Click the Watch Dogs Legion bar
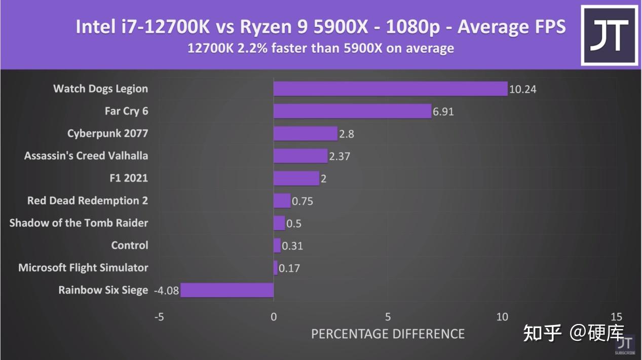click(x=390, y=89)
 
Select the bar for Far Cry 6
click(x=352, y=111)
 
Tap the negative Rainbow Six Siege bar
click(x=227, y=291)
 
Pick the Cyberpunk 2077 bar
click(x=305, y=133)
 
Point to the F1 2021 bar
click(x=296, y=178)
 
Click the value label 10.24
click(x=522, y=90)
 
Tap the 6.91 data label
click(x=443, y=112)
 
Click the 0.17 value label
click(x=289, y=268)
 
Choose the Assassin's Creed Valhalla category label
click(x=86, y=156)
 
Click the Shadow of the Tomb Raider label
click(x=79, y=223)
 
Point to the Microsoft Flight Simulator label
click(x=83, y=268)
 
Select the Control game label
click(x=130, y=245)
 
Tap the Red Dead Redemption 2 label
click(x=88, y=201)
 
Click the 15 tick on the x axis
click(x=616, y=317)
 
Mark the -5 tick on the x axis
click(x=159, y=317)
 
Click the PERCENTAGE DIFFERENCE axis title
click(x=388, y=334)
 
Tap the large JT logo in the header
click(x=610, y=35)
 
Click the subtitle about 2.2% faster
click(x=320, y=49)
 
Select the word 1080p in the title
click(x=412, y=27)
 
